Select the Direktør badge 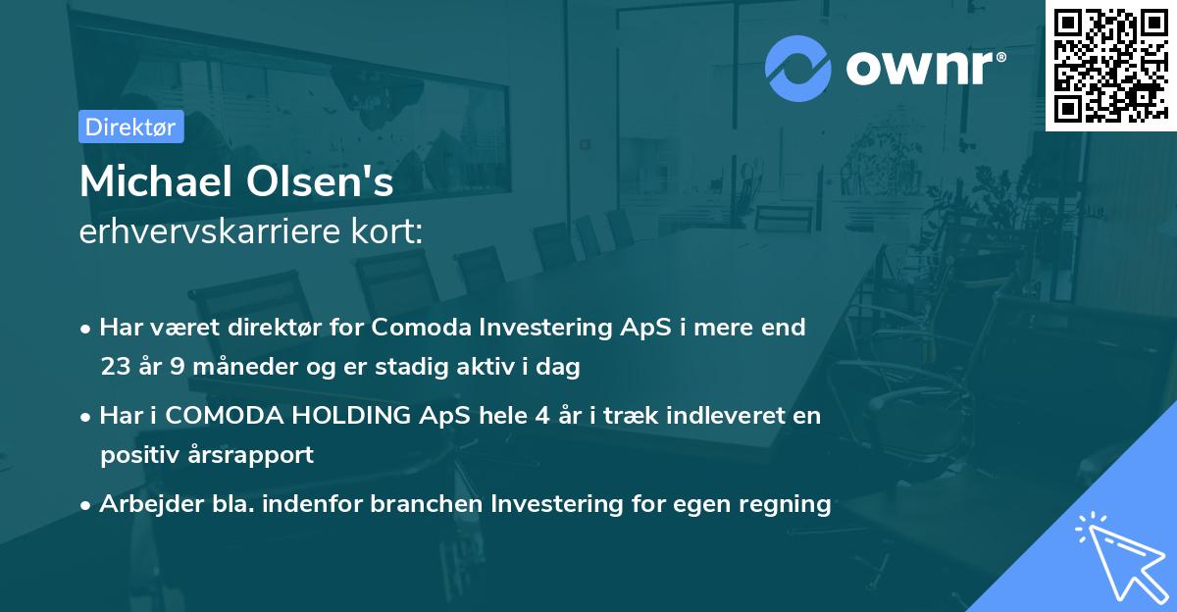pos(130,127)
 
